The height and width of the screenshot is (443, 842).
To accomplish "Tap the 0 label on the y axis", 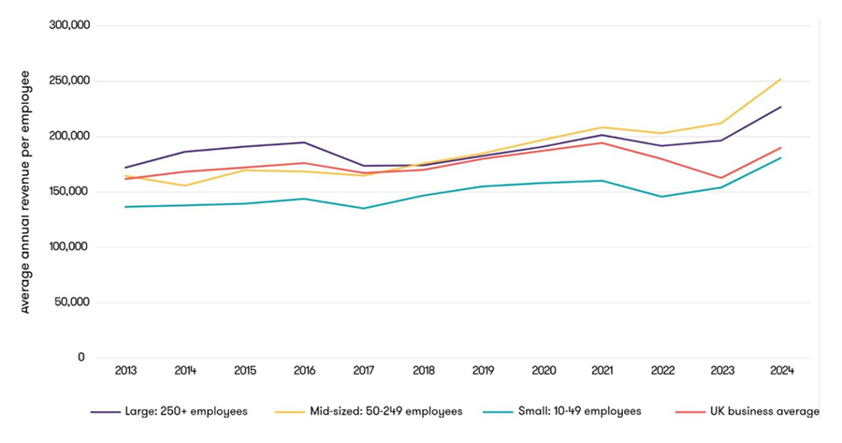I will pyautogui.click(x=81, y=358).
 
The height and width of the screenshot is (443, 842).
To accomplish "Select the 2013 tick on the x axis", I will pyautogui.click(x=125, y=371).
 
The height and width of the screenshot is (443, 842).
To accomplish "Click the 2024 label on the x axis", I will pyautogui.click(x=782, y=371).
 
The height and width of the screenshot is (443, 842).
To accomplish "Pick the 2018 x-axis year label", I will pyautogui.click(x=424, y=371).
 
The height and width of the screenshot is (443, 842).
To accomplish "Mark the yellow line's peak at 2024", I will pyautogui.click(x=781, y=79).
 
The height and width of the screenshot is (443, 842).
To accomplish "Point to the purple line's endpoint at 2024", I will pyautogui.click(x=781, y=107).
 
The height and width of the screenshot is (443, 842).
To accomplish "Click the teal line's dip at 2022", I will pyautogui.click(x=662, y=197).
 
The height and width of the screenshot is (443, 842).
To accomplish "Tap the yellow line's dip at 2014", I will pyautogui.click(x=185, y=185).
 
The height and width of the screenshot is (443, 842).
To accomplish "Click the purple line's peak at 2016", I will pyautogui.click(x=304, y=142).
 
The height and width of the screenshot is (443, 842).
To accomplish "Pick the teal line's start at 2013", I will pyautogui.click(x=125, y=207).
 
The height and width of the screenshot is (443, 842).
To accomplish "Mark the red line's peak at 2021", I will pyautogui.click(x=602, y=142).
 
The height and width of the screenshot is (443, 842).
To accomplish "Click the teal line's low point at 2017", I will pyautogui.click(x=364, y=208).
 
